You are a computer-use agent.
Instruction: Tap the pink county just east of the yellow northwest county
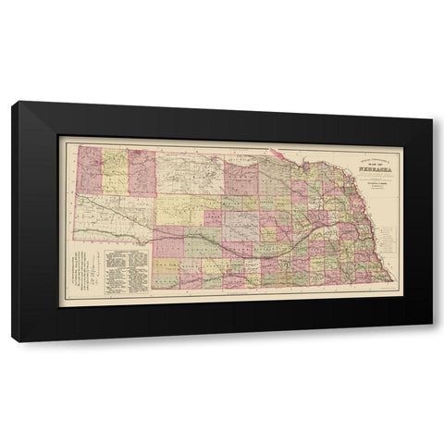click(x=142, y=170)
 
